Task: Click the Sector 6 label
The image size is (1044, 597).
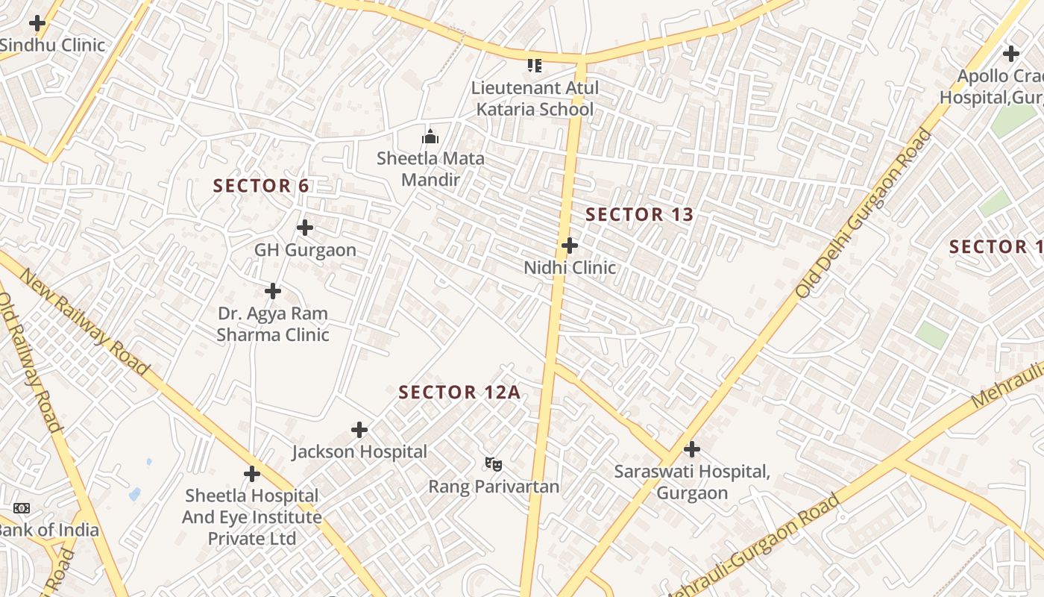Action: tap(261, 186)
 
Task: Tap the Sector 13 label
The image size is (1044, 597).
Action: tap(639, 215)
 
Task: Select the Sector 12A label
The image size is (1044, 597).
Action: tap(459, 393)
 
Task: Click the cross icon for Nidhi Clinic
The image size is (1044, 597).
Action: tap(570, 246)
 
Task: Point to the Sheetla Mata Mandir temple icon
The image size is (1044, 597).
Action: tap(430, 137)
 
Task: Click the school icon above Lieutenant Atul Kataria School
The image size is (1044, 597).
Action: tap(534, 66)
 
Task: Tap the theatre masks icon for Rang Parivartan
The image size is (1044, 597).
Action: tap(493, 464)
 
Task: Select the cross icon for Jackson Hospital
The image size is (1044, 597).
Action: tap(359, 430)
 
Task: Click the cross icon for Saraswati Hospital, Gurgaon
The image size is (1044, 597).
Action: tap(692, 449)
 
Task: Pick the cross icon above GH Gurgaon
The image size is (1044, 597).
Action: tap(305, 228)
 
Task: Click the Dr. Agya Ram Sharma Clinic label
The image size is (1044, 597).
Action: tap(273, 324)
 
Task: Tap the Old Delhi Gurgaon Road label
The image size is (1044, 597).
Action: tap(864, 214)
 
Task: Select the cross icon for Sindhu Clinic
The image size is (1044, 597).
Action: tap(37, 23)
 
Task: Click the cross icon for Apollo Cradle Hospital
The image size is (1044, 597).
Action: tap(1011, 54)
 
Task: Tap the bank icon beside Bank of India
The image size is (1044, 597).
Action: tap(22, 508)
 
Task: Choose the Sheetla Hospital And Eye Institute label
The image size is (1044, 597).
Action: tap(252, 516)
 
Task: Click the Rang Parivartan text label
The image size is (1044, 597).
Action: tap(494, 487)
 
